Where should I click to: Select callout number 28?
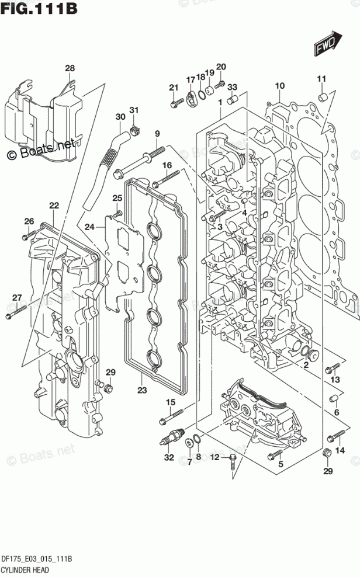(70, 69)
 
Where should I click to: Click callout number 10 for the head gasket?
(279, 86)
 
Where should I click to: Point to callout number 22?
(54, 206)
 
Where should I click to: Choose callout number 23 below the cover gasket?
(142, 391)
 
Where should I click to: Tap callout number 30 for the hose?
(120, 117)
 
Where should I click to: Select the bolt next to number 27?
(16, 313)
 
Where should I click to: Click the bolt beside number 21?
(175, 104)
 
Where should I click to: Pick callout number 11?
(321, 79)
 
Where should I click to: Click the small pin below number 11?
(321, 95)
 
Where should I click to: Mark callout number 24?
(89, 227)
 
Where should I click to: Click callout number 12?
(214, 457)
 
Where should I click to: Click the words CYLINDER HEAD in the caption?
(26, 568)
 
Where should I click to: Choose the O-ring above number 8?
(198, 440)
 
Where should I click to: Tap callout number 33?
(232, 87)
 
